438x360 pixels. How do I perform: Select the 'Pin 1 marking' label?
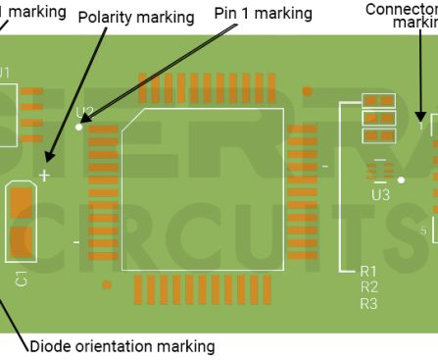pos(263,14)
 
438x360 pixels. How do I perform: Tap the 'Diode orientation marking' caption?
pos(122,346)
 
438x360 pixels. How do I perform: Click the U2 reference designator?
pos(84,112)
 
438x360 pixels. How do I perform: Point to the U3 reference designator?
pos(380,195)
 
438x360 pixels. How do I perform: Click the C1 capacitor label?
pos(22,279)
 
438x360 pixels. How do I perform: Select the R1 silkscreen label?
pos(368,270)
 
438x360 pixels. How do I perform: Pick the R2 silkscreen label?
pos(368,286)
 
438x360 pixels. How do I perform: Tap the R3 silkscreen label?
pos(368,303)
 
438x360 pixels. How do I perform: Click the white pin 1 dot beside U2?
pos(79,127)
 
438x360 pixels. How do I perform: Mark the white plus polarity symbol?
pos(43,176)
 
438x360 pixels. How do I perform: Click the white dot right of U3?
pos(402,180)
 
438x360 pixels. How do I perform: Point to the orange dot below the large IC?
pos(107,284)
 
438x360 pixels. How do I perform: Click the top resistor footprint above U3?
pos(378,101)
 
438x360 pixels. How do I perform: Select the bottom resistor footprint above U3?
pos(378,136)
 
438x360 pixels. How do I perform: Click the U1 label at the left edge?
pos(5,72)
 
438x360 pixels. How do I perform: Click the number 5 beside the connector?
pos(422,231)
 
